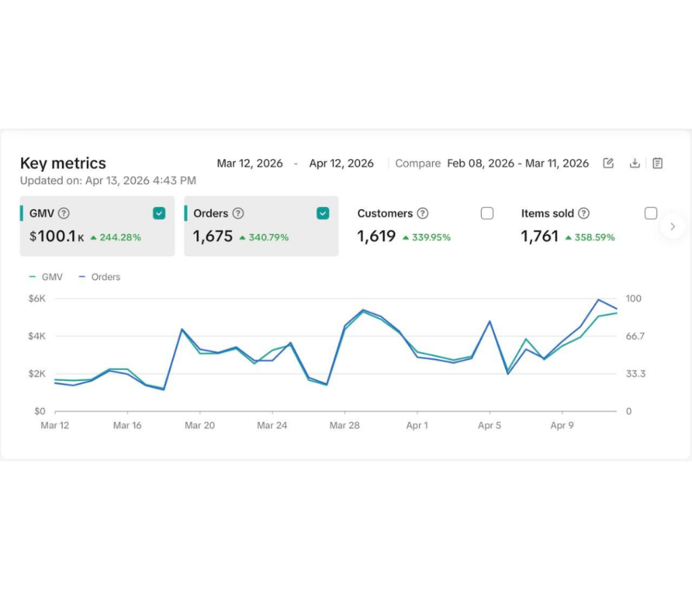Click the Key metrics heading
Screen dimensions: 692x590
pyautogui.click(x=63, y=164)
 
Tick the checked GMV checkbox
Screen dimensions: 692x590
pyautogui.click(x=159, y=213)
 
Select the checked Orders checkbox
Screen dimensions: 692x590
pyautogui.click(x=323, y=213)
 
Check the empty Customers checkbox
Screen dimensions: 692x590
pyautogui.click(x=487, y=213)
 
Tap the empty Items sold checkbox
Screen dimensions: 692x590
pyautogui.click(x=651, y=213)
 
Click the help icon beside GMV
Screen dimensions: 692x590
pyautogui.click(x=64, y=213)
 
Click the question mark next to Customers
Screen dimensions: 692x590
pyautogui.click(x=423, y=213)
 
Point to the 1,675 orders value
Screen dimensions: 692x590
pyautogui.click(x=213, y=236)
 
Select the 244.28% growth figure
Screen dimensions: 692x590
pyautogui.click(x=120, y=237)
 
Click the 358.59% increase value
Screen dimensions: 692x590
pyautogui.click(x=595, y=237)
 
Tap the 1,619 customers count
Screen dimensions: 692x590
pyautogui.click(x=376, y=236)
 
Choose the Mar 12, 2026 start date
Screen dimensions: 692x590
pyautogui.click(x=250, y=164)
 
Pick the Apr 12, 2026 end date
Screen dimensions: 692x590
pyautogui.click(x=341, y=164)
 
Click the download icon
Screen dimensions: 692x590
pyautogui.click(x=635, y=164)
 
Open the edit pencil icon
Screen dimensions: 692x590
pyautogui.click(x=609, y=163)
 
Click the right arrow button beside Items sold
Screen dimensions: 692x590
pyautogui.click(x=672, y=226)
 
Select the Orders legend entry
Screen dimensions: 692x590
pyautogui.click(x=99, y=277)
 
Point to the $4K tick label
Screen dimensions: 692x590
pyautogui.click(x=37, y=336)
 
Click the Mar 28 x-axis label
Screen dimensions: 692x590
pyautogui.click(x=345, y=426)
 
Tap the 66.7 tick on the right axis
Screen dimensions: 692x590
pyautogui.click(x=635, y=336)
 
